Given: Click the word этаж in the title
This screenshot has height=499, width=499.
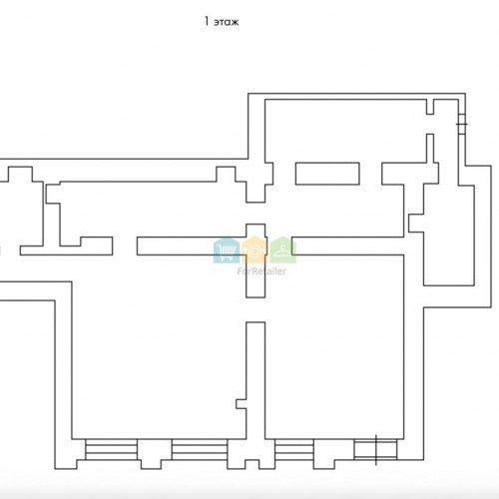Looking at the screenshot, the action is click(x=227, y=22).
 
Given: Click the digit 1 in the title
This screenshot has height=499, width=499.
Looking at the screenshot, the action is click(x=207, y=21).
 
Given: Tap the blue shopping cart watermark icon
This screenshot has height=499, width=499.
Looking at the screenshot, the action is click(x=227, y=249).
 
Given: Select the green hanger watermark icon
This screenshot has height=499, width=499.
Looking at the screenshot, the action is click(x=282, y=249).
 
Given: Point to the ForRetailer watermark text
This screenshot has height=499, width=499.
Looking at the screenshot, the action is click(x=261, y=271).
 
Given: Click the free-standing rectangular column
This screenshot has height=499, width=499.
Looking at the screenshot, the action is click(x=327, y=174).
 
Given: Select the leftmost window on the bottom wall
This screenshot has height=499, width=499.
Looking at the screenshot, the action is click(x=111, y=449).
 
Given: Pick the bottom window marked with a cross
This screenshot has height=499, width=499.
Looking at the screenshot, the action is click(x=375, y=449).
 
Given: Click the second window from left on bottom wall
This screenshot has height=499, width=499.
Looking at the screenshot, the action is click(x=200, y=449).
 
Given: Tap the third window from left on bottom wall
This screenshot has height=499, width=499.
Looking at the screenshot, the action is click(x=294, y=449).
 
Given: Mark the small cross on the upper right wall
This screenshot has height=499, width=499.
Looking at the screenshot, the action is click(x=462, y=124).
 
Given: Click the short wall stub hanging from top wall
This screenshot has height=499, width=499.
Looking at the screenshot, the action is click(x=430, y=107).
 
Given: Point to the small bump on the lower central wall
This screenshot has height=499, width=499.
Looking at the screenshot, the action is click(x=242, y=404).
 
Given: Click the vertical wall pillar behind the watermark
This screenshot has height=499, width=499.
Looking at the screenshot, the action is click(x=255, y=260).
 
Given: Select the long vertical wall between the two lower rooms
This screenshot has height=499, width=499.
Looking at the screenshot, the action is click(x=255, y=380).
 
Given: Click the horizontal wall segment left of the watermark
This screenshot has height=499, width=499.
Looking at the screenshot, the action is click(x=192, y=247).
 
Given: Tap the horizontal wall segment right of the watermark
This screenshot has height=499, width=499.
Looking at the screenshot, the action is click(x=348, y=247).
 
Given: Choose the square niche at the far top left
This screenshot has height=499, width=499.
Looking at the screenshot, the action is click(x=20, y=174).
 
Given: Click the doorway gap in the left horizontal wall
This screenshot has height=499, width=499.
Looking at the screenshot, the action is click(x=125, y=247).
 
